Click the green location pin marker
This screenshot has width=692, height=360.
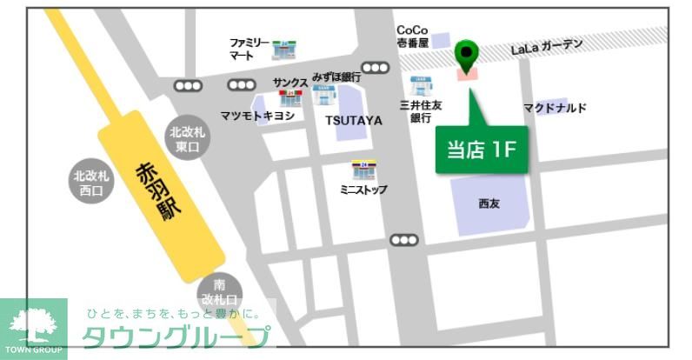[467, 56]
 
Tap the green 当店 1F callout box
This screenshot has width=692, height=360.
[480, 148]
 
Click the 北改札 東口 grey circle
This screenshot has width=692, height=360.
[188, 139]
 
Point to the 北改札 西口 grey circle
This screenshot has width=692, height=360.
[90, 183]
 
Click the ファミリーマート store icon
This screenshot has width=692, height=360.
[283, 50]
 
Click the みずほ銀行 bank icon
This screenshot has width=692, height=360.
[323, 92]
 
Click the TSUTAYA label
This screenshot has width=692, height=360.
[354, 120]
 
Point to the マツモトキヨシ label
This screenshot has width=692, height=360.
[257, 117]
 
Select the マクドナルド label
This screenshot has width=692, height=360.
[555, 108]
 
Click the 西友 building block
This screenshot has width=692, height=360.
[489, 203]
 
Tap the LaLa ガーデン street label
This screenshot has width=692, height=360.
[547, 48]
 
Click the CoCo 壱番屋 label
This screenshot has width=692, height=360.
[412, 37]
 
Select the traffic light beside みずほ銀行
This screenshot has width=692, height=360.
[376, 68]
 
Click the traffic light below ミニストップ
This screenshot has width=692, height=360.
[404, 240]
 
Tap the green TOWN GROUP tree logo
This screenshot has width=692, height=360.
[34, 329]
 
